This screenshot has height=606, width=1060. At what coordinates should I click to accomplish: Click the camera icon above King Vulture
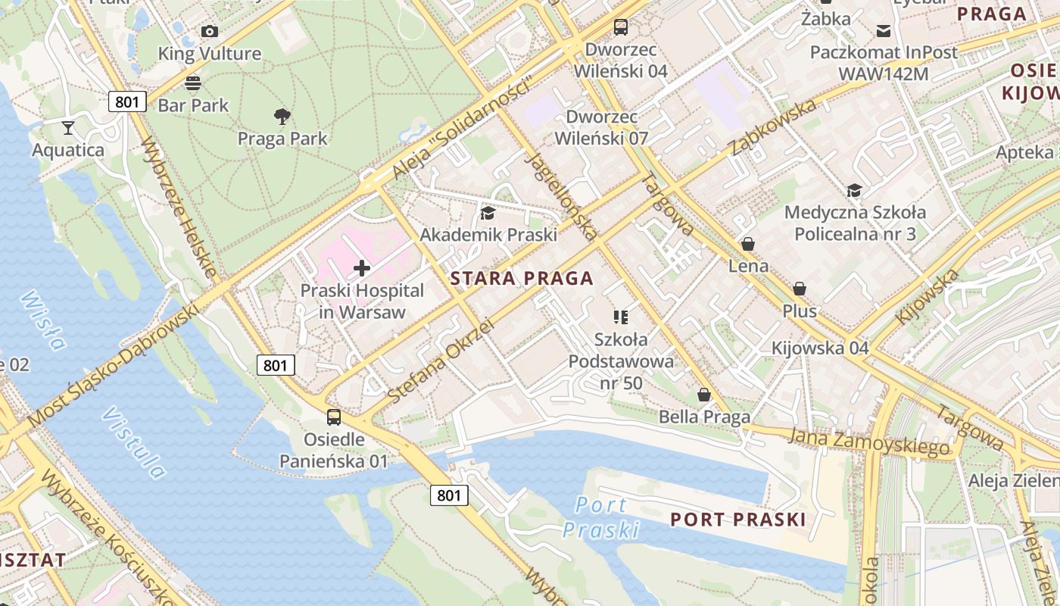[x=210, y=31]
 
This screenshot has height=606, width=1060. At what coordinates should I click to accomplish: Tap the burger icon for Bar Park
[x=193, y=83]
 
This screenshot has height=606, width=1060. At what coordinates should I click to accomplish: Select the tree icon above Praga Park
[x=282, y=116]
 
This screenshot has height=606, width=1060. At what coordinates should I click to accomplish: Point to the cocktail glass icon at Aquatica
[x=68, y=127]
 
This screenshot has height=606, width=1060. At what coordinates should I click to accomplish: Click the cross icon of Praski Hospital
[x=362, y=267]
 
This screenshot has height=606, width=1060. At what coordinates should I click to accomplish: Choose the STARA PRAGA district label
[x=522, y=278]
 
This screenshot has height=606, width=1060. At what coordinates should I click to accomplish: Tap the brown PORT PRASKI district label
[x=738, y=520]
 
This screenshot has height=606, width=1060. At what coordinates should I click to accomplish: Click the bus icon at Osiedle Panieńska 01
[x=333, y=417]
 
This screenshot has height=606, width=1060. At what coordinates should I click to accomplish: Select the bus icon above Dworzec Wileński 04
[x=621, y=27]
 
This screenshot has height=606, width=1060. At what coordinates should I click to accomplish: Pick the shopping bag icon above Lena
[x=748, y=244]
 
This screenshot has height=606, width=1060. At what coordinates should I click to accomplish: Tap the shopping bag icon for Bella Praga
[x=704, y=394]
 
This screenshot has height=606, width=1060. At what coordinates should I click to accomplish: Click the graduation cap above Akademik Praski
[x=488, y=213]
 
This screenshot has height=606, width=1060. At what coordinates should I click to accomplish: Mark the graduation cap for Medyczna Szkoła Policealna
[x=854, y=190]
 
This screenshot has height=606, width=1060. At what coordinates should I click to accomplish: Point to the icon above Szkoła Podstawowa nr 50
[x=621, y=317]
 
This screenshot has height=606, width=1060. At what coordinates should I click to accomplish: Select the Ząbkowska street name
[x=774, y=127]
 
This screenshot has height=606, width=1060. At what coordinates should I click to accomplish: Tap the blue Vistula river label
[x=134, y=443]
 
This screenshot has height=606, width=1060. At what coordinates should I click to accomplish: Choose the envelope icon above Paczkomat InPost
[x=883, y=30]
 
